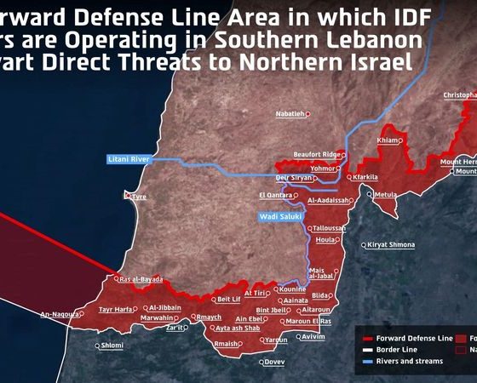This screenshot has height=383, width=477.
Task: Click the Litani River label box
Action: tap(129, 159)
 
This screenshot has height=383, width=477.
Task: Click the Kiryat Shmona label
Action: tap(391, 245)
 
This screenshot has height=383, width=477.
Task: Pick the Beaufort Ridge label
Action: tap(317, 154)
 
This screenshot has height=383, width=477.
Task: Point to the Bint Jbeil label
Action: tap(273, 310)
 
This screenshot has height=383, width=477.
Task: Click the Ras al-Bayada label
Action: tap(141, 279)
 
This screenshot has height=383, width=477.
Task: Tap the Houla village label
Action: tap(325, 240)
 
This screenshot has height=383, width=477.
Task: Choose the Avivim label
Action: tap(313, 337)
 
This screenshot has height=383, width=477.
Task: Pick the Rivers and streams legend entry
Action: tap(403, 360)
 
